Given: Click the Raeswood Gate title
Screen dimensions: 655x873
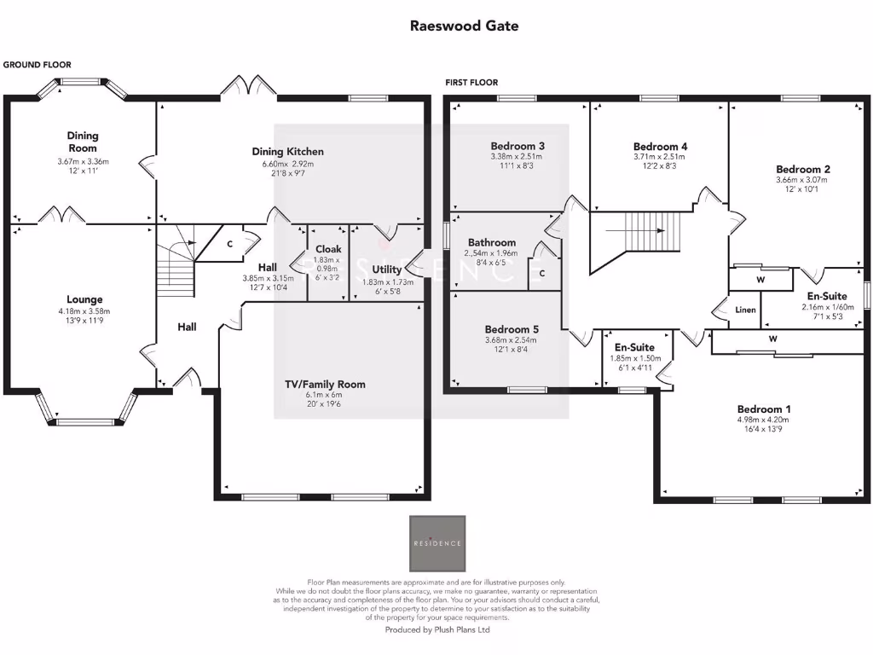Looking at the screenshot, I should tap(464, 26).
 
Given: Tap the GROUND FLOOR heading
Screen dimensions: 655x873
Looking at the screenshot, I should tap(37, 65).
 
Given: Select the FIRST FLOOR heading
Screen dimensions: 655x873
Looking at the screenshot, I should tap(471, 83).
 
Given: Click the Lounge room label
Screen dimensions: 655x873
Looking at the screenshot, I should tap(84, 299).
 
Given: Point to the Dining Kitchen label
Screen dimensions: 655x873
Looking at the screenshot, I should tap(287, 152).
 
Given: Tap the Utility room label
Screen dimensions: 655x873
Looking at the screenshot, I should tap(387, 270).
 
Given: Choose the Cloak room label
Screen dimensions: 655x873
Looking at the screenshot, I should tap(327, 249).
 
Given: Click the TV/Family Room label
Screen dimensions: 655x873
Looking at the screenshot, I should tap(325, 384).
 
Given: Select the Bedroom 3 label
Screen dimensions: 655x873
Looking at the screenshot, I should tap(517, 146).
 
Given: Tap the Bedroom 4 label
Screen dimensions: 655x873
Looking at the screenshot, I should tap(660, 146).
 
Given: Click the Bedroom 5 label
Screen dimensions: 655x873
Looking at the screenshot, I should tap(512, 329).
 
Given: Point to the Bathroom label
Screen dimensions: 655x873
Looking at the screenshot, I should tap(491, 242).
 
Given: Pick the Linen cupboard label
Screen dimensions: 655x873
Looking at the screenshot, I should tap(745, 310).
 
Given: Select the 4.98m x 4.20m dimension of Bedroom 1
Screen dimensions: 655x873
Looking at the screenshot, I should tap(763, 420).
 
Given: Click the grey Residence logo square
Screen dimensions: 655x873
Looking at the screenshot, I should tap(437, 543).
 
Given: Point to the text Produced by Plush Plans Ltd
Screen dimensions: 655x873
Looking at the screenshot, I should tap(437, 630).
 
